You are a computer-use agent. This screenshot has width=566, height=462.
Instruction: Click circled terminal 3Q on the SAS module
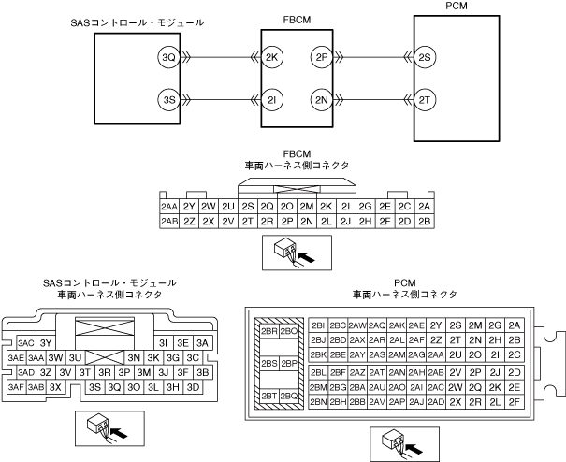pyautogui.click(x=168, y=58)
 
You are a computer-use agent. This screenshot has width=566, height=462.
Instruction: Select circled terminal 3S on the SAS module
pyautogui.click(x=168, y=99)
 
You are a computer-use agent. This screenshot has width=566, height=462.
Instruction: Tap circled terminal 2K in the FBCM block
pyautogui.click(x=273, y=58)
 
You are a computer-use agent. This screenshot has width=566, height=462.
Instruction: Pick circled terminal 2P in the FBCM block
pyautogui.click(x=321, y=58)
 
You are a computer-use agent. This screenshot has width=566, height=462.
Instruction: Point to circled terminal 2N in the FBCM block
pyautogui.click(x=321, y=99)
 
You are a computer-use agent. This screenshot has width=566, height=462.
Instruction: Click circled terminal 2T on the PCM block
pyautogui.click(x=425, y=99)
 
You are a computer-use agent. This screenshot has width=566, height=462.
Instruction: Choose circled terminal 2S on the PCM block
pyautogui.click(x=425, y=58)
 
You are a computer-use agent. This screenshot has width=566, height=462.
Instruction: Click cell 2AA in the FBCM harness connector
pyautogui.click(x=168, y=206)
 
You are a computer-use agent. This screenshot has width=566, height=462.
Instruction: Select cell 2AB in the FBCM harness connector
pyautogui.click(x=168, y=222)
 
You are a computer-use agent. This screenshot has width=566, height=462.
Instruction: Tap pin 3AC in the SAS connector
pyautogui.click(x=26, y=343)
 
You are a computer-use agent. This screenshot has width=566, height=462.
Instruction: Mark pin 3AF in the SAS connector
pyautogui.click(x=16, y=386)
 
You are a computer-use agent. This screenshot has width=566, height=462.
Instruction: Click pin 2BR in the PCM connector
pyautogui.click(x=268, y=331)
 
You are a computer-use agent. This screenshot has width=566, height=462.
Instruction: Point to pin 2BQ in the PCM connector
pyautogui.click(x=289, y=397)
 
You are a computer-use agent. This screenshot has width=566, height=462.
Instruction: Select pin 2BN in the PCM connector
pyautogui.click(x=317, y=401)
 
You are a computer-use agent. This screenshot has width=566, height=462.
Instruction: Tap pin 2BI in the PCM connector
pyautogui.click(x=317, y=325)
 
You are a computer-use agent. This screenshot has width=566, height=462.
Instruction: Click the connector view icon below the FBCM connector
pyautogui.click(x=289, y=250)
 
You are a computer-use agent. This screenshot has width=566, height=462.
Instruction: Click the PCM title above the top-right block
pyautogui.click(x=431, y=7)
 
